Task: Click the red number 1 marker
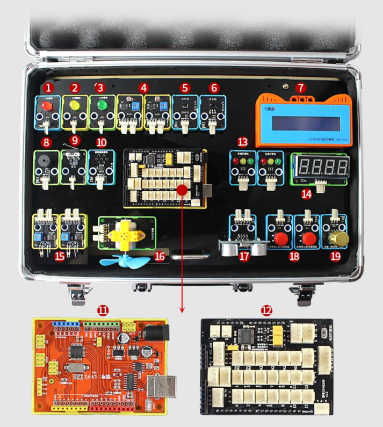pyautogui.click(x=49, y=87)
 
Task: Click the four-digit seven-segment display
pyautogui.click(x=319, y=165)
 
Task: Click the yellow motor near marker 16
pyautogui.click(x=126, y=234)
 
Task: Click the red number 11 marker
pyautogui.click(x=103, y=310)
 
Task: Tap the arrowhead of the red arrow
pyautogui.click(x=183, y=309)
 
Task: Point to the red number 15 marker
pyautogui.click(x=60, y=256)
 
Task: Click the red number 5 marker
pyautogui.click(x=185, y=87)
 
